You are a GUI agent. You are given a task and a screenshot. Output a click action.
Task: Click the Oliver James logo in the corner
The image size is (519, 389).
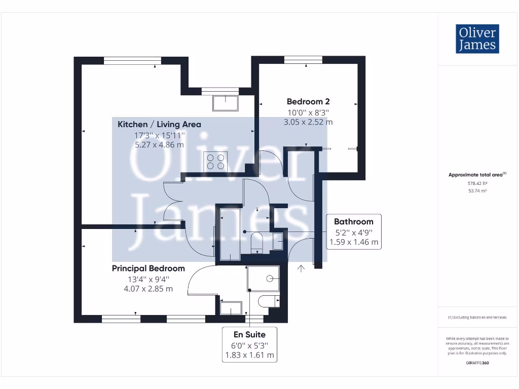point(477,39)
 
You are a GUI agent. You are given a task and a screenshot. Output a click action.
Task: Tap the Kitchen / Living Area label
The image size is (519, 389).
point(159,124)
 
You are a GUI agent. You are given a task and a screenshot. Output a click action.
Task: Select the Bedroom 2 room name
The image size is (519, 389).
point(308,101)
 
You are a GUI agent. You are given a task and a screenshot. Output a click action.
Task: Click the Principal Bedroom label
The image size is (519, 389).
point(148,268)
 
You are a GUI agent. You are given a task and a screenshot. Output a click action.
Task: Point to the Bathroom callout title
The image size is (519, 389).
point(353,221)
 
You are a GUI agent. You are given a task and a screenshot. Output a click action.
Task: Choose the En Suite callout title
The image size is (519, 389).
point(249,334)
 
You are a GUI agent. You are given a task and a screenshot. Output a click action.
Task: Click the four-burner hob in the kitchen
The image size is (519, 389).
point(214,162)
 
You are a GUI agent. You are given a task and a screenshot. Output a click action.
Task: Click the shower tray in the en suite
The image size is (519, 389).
point(263,278)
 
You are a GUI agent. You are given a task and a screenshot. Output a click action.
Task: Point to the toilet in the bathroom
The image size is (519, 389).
point(257,243)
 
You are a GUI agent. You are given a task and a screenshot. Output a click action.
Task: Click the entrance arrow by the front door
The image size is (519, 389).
point(302,268)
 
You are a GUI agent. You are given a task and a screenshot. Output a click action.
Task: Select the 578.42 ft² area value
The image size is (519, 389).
point(477,183)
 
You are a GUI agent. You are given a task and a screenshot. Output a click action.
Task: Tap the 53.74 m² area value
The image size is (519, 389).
point(477,191)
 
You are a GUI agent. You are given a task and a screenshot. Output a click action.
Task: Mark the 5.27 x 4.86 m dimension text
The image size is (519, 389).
point(159,144)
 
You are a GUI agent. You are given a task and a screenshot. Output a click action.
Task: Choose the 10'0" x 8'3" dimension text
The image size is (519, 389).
point(308,112)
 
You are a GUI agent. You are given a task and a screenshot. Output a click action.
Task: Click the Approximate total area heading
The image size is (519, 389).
point(476,175)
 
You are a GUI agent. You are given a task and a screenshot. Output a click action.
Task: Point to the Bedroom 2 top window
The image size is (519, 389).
point(303,60)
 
